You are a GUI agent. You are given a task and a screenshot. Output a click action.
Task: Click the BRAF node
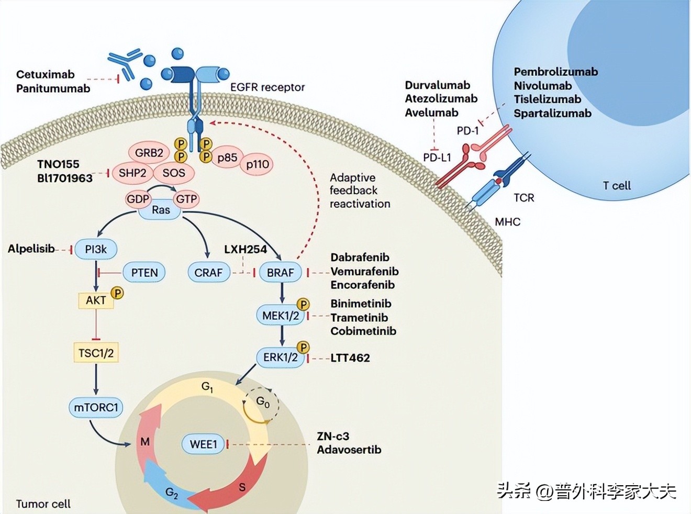pyautogui.click(x=281, y=273)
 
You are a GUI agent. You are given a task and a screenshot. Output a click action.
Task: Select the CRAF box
pyautogui.click(x=208, y=273)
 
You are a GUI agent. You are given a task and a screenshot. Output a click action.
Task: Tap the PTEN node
pyautogui.click(x=144, y=273)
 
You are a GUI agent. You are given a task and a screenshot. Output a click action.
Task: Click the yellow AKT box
pyautogui.click(x=96, y=300)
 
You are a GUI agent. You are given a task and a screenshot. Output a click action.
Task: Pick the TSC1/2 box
pyautogui.click(x=96, y=353)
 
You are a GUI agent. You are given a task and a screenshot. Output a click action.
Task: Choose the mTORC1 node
pyautogui.click(x=96, y=407)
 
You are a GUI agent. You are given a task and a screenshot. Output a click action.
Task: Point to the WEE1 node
pyautogui.click(x=203, y=444)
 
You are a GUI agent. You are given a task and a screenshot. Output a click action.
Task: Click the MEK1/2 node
pyautogui.click(x=281, y=316)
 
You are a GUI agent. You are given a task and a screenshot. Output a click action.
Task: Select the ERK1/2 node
pyautogui.click(x=280, y=357)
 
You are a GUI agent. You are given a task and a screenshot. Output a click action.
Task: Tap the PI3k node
pyautogui.click(x=96, y=249)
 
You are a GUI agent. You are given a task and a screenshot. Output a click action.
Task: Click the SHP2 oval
pyautogui.click(x=132, y=173)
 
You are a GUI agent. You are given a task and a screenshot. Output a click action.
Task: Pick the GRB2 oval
pyautogui.click(x=149, y=153)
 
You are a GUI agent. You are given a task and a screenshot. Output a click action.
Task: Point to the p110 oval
pyautogui.click(x=258, y=164)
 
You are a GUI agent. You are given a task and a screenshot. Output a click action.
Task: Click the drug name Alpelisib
pyautogui.click(x=31, y=249)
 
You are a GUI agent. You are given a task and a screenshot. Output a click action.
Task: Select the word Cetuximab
pyautogui.click(x=46, y=74)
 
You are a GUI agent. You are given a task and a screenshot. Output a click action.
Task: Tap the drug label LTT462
pyautogui.click(x=350, y=358)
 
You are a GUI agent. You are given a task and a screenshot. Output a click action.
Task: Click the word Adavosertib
pyautogui.click(x=349, y=450)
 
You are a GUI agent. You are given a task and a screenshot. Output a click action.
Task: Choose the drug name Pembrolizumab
pyautogui.click(x=555, y=72)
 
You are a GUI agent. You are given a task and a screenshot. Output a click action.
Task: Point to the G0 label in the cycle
pyautogui.click(x=263, y=402)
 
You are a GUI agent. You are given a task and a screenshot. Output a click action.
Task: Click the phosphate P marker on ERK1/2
pyautogui.click(x=303, y=347)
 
